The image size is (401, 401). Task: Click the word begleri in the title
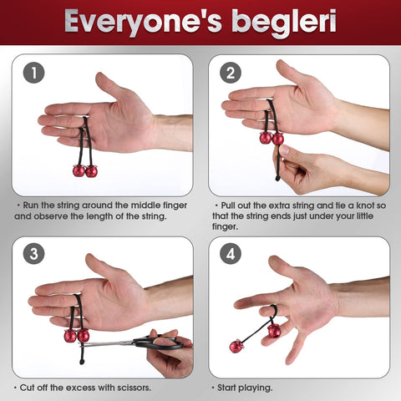tap(280, 23)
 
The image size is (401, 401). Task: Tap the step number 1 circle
tap(33, 73)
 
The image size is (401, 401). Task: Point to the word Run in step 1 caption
tap(31, 203)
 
